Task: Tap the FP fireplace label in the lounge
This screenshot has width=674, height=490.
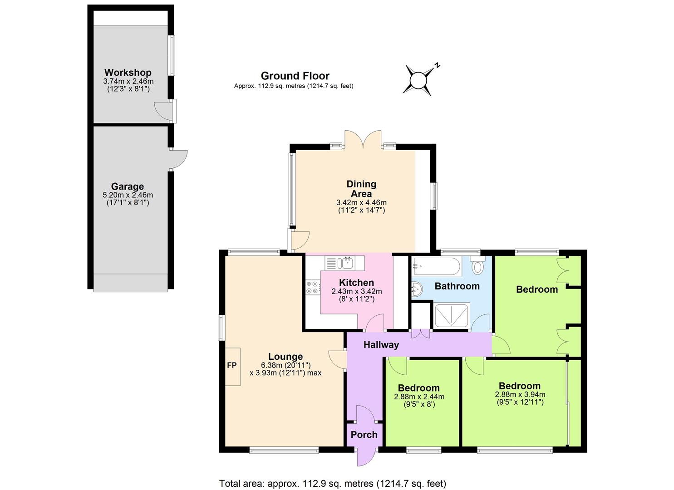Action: (232, 365)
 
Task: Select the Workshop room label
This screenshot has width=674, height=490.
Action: (128, 73)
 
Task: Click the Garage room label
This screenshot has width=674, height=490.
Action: (128, 186)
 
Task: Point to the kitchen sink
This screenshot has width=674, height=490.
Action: (348, 262)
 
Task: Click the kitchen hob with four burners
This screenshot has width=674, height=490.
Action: (312, 288)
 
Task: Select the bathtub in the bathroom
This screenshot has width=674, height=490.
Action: (436, 266)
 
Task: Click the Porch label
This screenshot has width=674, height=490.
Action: (364, 435)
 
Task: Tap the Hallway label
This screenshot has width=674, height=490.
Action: (381, 345)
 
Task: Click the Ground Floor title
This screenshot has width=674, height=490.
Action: (295, 76)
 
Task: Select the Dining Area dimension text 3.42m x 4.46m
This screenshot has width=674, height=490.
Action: (361, 202)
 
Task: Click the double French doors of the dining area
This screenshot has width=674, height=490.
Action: (363, 140)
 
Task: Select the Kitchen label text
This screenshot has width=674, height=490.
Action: (356, 283)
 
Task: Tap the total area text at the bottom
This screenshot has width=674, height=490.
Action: (333, 483)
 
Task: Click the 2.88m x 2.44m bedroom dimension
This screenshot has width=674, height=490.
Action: (419, 397)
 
